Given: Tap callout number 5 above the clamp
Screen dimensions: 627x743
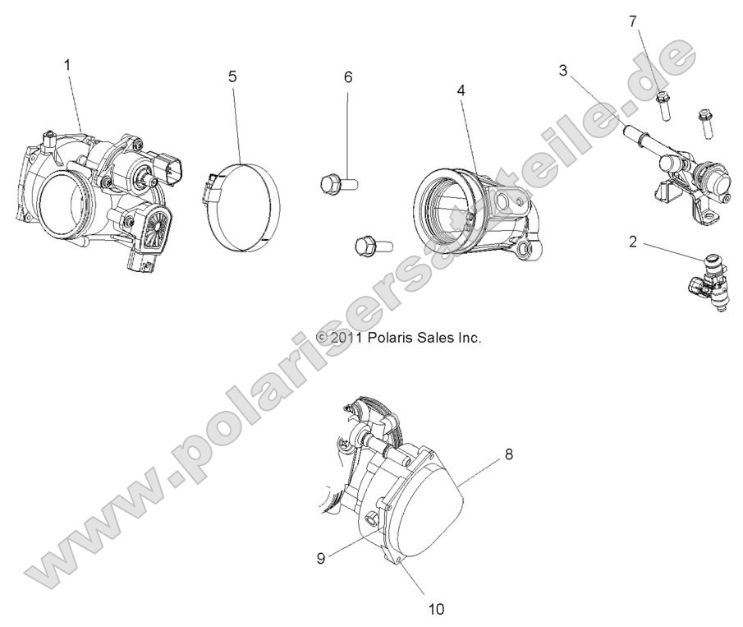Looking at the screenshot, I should click(232, 76).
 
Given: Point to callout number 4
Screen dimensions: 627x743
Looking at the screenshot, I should click(461, 90).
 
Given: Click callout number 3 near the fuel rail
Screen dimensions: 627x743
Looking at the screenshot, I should click(563, 70).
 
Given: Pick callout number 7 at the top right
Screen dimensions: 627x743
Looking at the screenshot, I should click(633, 21).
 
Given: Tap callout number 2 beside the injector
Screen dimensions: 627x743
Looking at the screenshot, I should click(633, 242).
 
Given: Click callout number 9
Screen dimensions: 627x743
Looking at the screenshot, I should click(321, 557).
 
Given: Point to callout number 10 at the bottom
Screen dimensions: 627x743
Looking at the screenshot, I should click(436, 609).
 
